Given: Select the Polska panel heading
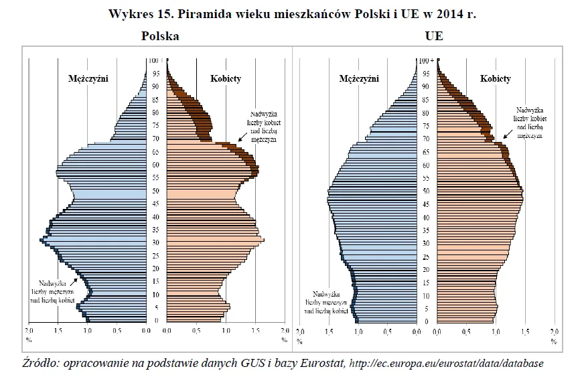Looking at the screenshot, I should click(x=159, y=37).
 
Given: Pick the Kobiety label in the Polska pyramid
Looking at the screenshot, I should click(x=226, y=78).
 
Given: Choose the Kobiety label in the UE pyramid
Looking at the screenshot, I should click(x=496, y=78).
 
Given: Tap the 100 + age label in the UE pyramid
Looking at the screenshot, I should click(x=425, y=60).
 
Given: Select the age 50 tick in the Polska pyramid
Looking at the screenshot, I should click(x=155, y=191).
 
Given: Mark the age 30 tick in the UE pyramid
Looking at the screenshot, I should click(x=425, y=243).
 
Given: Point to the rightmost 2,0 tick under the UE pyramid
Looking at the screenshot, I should click(x=554, y=331).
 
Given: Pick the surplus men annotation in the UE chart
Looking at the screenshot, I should click(x=328, y=303).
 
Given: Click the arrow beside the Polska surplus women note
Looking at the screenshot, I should click(x=237, y=138).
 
